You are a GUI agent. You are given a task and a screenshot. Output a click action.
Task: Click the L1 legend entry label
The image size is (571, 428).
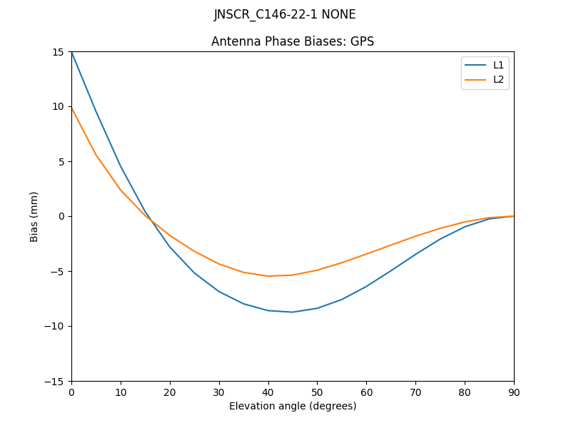click(x=498, y=65)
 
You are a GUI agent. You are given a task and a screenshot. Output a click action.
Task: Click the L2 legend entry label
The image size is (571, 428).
click(x=498, y=79)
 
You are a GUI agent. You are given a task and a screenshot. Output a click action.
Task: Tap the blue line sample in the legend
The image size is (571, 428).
click(x=475, y=65)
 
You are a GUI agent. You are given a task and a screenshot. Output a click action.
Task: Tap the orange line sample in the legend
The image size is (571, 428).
click(x=475, y=79)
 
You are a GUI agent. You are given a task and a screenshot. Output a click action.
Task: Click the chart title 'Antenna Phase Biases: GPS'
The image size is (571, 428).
click(x=293, y=41)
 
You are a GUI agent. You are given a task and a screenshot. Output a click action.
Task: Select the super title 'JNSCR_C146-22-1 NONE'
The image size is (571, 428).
click(x=285, y=14)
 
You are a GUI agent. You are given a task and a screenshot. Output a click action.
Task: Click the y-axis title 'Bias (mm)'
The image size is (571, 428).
click(x=34, y=216)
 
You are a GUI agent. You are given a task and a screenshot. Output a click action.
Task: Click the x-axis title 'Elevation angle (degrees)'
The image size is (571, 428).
click(x=293, y=406)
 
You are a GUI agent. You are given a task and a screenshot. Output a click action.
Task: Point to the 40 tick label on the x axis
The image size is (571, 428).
click(x=268, y=392)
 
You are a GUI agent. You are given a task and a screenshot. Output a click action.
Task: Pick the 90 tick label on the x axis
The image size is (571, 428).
click(x=514, y=392)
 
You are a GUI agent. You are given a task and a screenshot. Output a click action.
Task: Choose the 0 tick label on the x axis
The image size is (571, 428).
click(x=71, y=392)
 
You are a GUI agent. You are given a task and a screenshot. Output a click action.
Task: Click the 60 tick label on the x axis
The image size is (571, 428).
click(x=366, y=392)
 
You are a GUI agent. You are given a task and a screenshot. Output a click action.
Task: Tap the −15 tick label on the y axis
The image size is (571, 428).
click(x=56, y=381)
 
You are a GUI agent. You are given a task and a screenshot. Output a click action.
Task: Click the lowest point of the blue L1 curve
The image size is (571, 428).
click(x=293, y=312)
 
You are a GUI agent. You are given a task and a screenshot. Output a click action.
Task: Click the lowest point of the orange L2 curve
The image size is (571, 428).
click(x=268, y=276)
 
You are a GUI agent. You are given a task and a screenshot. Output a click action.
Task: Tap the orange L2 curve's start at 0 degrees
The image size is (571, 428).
click(x=71, y=108)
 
